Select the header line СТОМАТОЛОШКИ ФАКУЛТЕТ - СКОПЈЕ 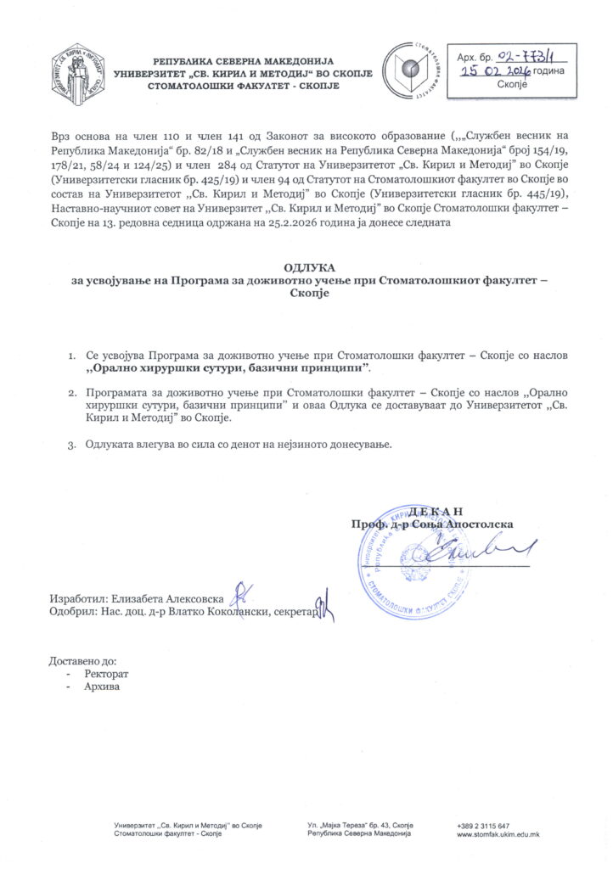pos(244,87)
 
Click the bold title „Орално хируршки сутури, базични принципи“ pos(229,369)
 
